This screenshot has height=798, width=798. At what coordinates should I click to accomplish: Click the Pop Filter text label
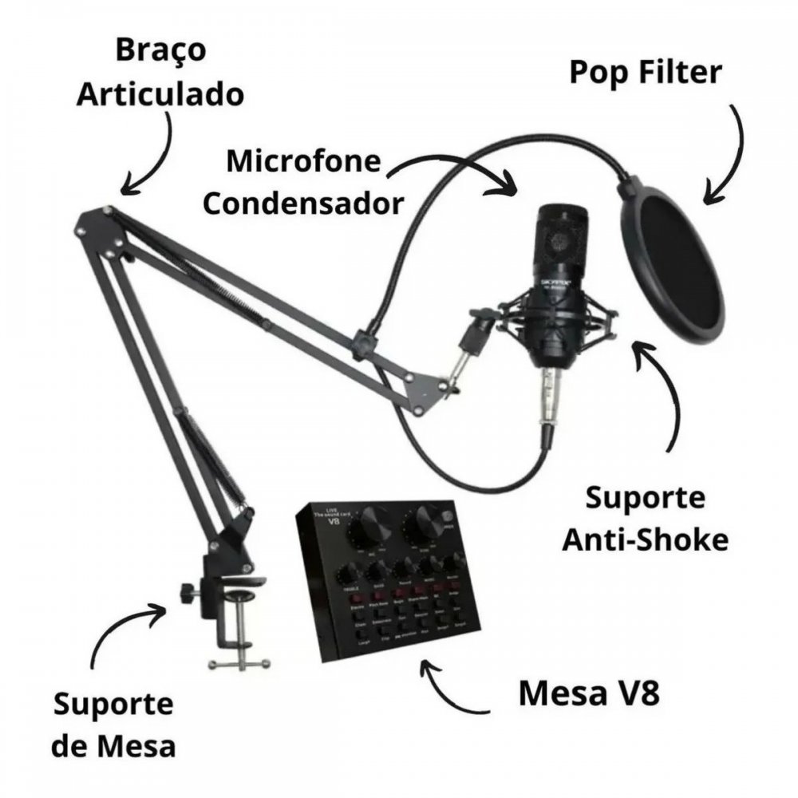click(645, 73)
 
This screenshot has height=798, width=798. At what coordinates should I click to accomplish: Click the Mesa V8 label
click(589, 693)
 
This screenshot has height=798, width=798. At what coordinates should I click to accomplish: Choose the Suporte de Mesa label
click(114, 725)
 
